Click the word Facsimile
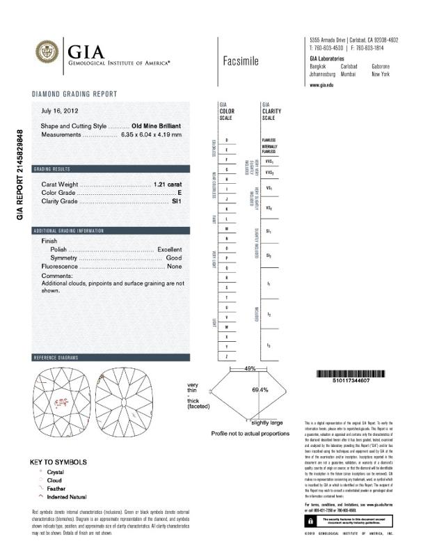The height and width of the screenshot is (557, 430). pos(241,61)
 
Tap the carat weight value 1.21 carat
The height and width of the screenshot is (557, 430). pos(168,185)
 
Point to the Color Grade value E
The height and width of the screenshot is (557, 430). pos(180,193)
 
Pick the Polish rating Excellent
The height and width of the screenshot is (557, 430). pos(169,249)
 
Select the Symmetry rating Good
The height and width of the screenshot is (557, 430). pos(174,258)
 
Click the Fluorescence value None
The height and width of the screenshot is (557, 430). pos(174,267)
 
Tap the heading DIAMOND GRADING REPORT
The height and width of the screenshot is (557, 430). pos(74,94)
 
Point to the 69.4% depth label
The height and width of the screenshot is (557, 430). pos(260,390)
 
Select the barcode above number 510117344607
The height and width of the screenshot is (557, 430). pos(349,374)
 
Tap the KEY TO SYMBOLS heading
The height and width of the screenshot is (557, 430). pos(58,462)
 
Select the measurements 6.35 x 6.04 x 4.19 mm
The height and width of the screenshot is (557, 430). pos(150,134)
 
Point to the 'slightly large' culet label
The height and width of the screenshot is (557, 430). pos(267,423)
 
